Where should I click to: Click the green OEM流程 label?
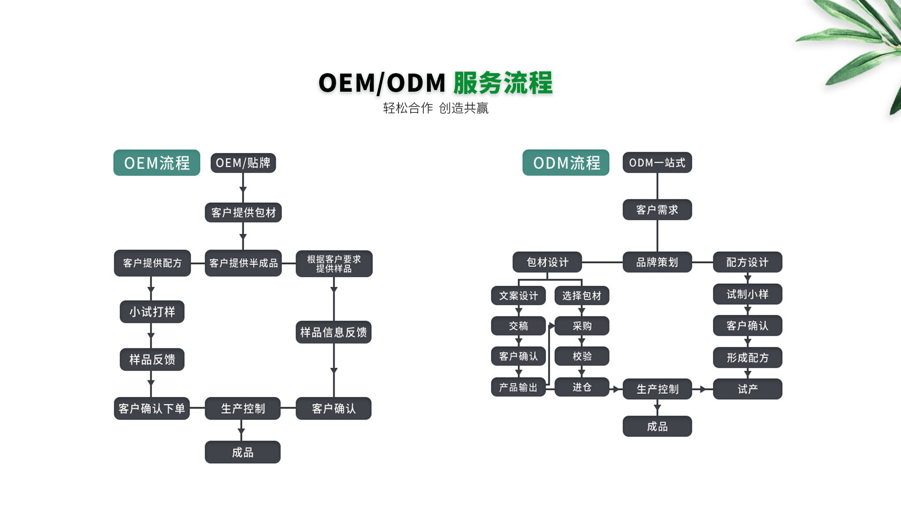click(157, 163)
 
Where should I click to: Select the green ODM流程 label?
click(566, 163)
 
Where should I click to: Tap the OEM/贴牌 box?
click(243, 163)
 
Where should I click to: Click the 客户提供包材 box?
click(243, 212)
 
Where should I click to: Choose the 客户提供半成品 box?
click(243, 263)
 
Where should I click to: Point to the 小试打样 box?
click(152, 312)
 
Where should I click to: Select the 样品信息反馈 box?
click(334, 332)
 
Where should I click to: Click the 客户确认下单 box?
click(152, 409)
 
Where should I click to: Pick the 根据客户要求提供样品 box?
click(334, 264)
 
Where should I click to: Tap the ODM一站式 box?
click(657, 163)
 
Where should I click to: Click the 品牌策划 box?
click(657, 262)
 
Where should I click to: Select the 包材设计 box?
click(547, 262)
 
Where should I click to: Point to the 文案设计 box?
click(518, 295)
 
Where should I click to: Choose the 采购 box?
click(582, 326)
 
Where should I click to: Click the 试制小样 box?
click(747, 294)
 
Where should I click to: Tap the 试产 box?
click(747, 389)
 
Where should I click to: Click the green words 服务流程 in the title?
click(503, 83)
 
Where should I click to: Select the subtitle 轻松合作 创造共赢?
click(435, 108)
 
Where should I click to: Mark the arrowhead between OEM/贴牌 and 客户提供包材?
click(243, 189)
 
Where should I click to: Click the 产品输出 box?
click(518, 387)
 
